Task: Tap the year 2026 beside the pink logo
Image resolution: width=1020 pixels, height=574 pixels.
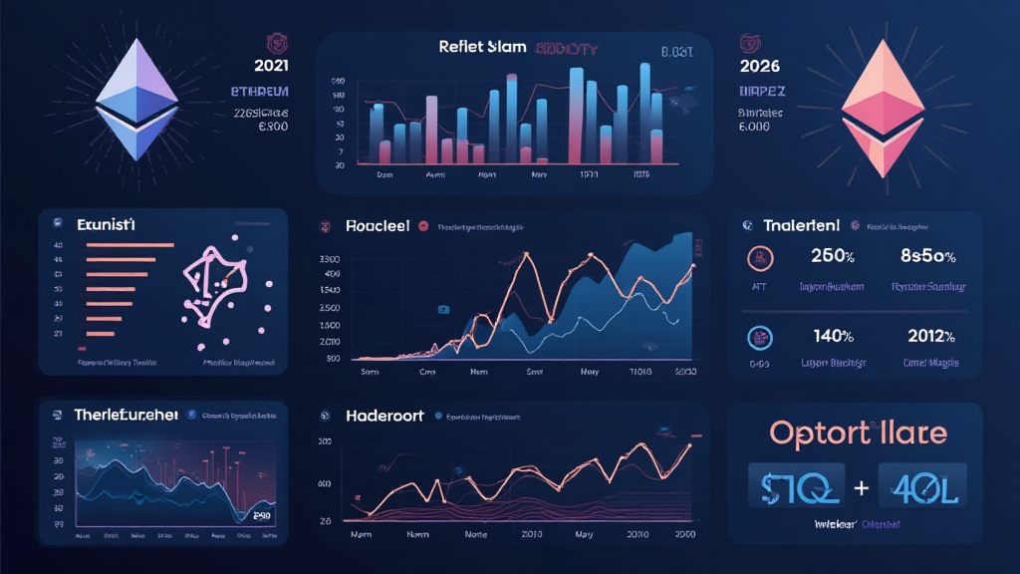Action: [x=760, y=67]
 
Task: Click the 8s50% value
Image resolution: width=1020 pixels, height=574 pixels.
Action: [x=929, y=256]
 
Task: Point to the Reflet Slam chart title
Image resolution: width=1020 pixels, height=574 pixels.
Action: [x=476, y=47]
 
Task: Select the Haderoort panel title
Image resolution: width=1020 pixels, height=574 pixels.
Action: [x=384, y=416]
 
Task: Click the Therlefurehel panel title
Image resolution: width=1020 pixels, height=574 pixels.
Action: [x=126, y=415]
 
